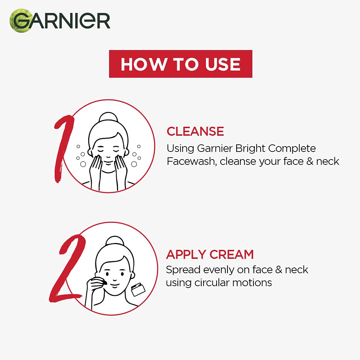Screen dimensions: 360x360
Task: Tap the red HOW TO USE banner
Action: pos(180,64)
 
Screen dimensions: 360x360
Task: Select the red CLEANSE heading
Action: pos(195,131)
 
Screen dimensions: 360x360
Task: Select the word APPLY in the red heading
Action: pos(186,255)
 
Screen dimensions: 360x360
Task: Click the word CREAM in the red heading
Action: pos(232,255)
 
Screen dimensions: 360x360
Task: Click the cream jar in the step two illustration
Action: pos(138,289)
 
